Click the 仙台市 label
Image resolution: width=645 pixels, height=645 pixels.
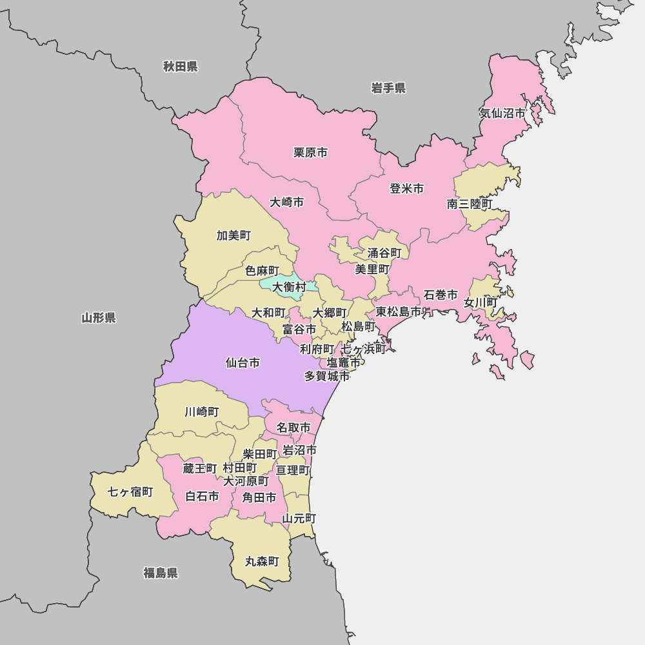(x=243, y=363)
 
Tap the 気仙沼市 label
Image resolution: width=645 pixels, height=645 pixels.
(x=502, y=114)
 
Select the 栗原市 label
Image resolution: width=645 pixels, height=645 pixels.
(x=310, y=153)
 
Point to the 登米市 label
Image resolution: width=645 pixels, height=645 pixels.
(x=406, y=189)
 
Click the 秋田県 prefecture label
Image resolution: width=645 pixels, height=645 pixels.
(x=180, y=66)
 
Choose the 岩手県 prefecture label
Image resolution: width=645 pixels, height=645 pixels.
(x=388, y=88)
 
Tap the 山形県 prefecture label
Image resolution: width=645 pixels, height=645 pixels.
(x=99, y=317)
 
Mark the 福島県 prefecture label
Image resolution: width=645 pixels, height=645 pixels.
(x=161, y=573)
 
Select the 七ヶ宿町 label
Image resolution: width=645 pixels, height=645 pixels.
(x=130, y=492)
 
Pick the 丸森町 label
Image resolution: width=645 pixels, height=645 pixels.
(x=262, y=562)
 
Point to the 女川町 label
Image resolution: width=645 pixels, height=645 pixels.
(x=481, y=303)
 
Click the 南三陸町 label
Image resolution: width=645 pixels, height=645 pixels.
(x=470, y=204)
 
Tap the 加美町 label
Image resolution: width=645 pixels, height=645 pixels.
(x=233, y=235)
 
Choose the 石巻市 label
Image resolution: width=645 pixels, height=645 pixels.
(x=441, y=295)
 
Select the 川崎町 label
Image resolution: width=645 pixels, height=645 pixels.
(x=202, y=412)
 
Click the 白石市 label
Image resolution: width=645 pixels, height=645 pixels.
(x=202, y=497)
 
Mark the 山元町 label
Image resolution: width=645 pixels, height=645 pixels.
(x=299, y=519)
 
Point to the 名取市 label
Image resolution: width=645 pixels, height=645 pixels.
(x=293, y=428)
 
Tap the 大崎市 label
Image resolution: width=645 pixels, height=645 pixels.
(x=286, y=203)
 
